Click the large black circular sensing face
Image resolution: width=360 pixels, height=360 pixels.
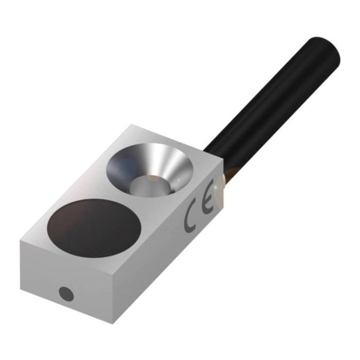tap(94, 228)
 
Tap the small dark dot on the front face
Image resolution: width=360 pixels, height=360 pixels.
tap(66, 293)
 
